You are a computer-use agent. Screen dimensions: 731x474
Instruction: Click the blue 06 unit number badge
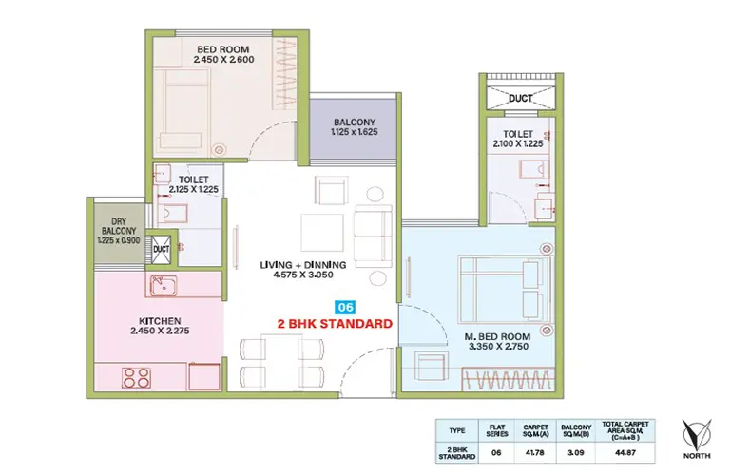point(345,307)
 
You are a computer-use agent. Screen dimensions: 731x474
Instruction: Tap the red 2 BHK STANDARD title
point(335,324)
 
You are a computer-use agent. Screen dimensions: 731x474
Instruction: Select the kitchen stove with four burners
point(136,377)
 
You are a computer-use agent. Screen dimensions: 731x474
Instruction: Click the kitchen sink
point(164,286)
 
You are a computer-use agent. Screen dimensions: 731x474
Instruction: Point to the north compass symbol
point(697,434)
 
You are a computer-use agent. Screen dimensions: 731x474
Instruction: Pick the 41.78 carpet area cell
point(535,452)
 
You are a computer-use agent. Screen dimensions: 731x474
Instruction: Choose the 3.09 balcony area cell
point(576,452)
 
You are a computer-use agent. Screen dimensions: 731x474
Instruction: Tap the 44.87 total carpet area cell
point(625,452)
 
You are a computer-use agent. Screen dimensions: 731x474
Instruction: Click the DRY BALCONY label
point(119,226)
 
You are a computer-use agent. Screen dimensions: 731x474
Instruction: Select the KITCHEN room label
point(160,321)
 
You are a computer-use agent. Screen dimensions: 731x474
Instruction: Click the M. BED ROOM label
point(497,336)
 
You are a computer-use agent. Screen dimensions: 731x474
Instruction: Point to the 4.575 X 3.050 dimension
point(303,275)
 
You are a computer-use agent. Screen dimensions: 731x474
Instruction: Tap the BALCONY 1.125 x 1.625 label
point(355,126)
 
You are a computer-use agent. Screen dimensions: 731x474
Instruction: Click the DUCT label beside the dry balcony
point(162,250)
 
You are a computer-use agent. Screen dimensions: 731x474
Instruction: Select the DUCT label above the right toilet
point(520,99)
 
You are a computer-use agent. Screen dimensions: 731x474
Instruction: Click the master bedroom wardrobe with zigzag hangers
point(509,379)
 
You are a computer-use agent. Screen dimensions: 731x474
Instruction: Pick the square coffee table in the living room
point(322,232)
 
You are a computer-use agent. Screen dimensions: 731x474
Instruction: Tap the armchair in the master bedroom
point(432,367)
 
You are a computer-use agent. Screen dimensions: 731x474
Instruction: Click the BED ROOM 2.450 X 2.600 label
point(223,54)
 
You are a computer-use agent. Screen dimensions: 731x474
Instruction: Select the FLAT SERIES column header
point(497,430)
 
